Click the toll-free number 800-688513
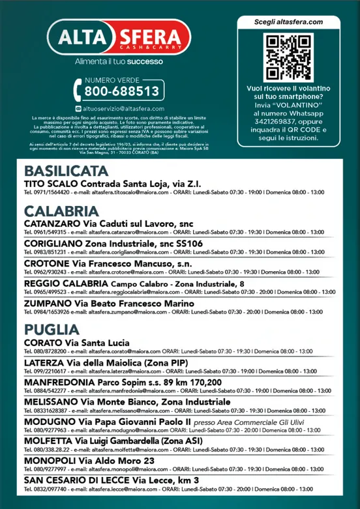121,91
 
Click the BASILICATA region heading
66,171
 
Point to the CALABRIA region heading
61,211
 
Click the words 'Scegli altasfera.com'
288,22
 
